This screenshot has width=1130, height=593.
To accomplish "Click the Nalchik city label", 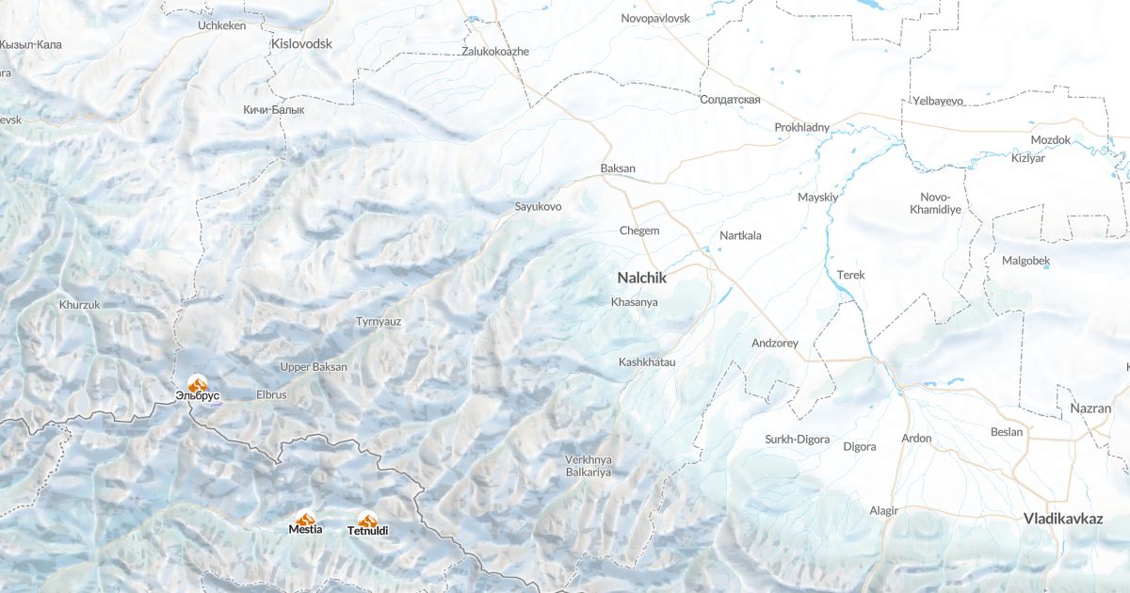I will pyautogui.click(x=641, y=278).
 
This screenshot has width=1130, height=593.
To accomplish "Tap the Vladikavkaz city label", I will pyautogui.click(x=1063, y=519).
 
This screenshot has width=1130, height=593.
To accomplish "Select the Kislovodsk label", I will pyautogui.click(x=301, y=43).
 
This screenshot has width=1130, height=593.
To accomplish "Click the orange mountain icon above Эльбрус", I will pyautogui.click(x=198, y=382).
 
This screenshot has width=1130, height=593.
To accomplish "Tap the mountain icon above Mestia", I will pyautogui.click(x=305, y=518).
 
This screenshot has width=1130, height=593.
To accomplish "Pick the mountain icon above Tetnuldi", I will pyautogui.click(x=367, y=519).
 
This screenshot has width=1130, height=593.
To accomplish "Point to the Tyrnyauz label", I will pyautogui.click(x=379, y=321).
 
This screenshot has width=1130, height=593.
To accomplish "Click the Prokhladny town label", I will pyautogui.click(x=801, y=127).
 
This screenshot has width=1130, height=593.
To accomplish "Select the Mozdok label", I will pyautogui.click(x=1050, y=140).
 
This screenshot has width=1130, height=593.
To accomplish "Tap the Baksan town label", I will pyautogui.click(x=618, y=168).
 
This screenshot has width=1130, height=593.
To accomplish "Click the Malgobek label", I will pyautogui.click(x=1025, y=261).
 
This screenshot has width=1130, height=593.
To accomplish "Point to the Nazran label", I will pyautogui.click(x=1090, y=409).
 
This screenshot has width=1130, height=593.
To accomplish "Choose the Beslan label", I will pyautogui.click(x=1007, y=432).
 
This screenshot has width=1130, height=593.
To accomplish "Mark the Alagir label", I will pyautogui.click(x=883, y=510).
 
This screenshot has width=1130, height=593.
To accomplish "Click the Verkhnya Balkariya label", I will pyautogui.click(x=589, y=465).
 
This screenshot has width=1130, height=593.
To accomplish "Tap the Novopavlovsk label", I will pyautogui.click(x=655, y=18).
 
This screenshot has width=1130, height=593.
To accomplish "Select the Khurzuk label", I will pyautogui.click(x=79, y=305).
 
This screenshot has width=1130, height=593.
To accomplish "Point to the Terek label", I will pyautogui.click(x=850, y=275).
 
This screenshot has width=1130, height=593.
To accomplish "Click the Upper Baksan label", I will pyautogui.click(x=314, y=366).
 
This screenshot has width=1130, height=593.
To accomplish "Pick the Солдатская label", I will pyautogui.click(x=730, y=100).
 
